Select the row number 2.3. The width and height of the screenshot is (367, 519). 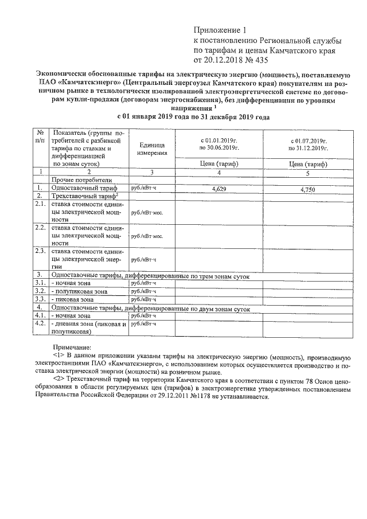(41, 251)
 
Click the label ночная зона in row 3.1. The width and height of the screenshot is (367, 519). (71, 283)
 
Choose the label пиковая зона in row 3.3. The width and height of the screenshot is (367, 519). (73, 299)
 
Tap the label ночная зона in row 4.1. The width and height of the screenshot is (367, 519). (71, 315)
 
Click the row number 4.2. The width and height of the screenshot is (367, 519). (41, 323)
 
